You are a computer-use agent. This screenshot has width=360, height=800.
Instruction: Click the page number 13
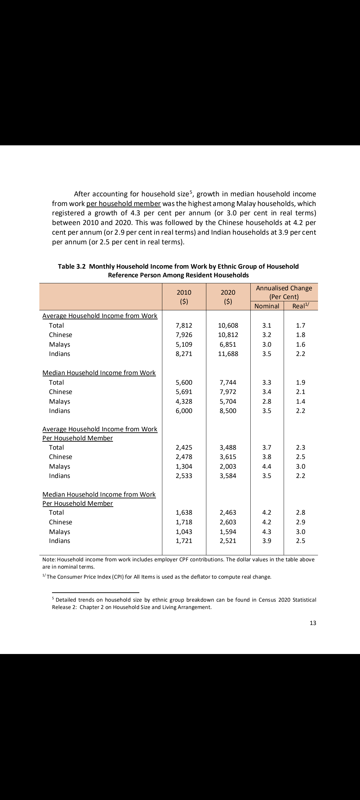[x=313, y=623]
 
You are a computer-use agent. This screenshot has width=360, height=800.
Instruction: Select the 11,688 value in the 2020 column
[x=228, y=354]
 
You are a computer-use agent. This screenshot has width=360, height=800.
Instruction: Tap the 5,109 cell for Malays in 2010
[x=184, y=344]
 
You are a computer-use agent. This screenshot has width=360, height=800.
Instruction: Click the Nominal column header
[x=267, y=306]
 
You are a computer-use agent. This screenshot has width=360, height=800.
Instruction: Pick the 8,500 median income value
[x=228, y=411]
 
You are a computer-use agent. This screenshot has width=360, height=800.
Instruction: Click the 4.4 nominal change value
[x=267, y=466]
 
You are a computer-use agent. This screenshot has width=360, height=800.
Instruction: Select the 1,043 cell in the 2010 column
[x=184, y=532]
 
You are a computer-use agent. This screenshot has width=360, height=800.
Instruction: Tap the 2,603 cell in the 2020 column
[x=228, y=522]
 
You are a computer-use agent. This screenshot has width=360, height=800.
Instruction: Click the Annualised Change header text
[x=284, y=288]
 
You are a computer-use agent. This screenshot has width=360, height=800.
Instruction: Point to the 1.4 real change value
[x=301, y=401]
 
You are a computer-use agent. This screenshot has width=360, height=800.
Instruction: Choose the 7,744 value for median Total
[x=228, y=382]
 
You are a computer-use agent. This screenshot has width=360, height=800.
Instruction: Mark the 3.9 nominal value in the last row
[x=267, y=541]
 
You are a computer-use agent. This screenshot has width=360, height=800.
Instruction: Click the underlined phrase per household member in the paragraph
[x=123, y=203]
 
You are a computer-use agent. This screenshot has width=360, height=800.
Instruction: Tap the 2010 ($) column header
[x=184, y=297]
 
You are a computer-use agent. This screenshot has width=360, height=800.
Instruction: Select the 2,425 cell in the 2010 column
[x=184, y=447]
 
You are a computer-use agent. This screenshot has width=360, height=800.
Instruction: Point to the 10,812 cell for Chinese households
[x=228, y=335]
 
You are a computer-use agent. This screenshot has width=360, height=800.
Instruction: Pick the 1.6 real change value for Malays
[x=301, y=344]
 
